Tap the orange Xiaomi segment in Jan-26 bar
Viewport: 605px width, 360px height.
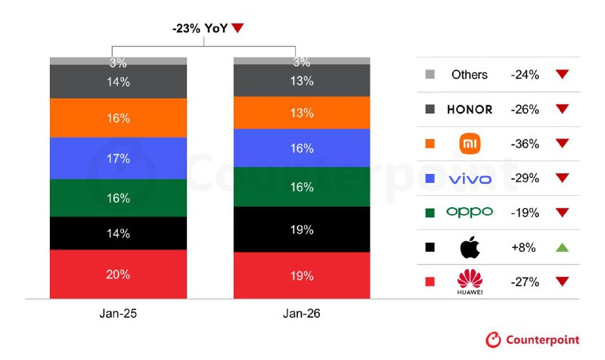(x=302, y=113)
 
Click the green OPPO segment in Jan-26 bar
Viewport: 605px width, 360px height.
(x=302, y=187)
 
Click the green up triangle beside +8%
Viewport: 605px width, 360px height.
(x=561, y=247)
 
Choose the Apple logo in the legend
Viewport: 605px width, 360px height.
(x=470, y=247)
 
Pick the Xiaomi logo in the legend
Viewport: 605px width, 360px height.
(x=470, y=143)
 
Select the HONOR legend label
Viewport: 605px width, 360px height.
(x=470, y=109)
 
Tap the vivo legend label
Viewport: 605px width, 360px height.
(x=470, y=178)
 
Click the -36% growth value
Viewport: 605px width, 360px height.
(x=524, y=144)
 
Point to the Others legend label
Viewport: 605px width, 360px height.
(x=470, y=74)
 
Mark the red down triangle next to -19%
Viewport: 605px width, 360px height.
(x=561, y=213)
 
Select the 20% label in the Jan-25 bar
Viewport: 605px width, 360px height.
(x=119, y=275)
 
